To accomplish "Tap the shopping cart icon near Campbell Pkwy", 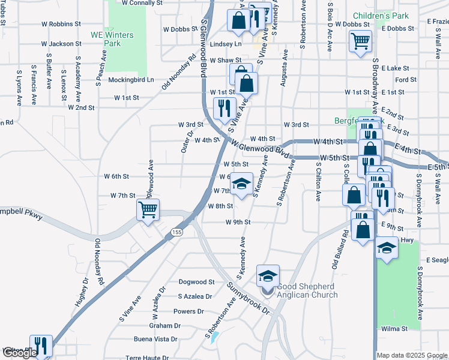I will pos(148,210).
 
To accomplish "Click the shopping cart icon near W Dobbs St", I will pos(360,41).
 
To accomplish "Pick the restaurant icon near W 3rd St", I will pos(222,108).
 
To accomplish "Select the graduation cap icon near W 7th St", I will pos(241,185).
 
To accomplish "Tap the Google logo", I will pos(19,353).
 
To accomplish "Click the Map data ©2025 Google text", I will pos(412,355).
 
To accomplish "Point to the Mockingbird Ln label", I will pos(131,79).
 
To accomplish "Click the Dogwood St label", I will pos(196,281).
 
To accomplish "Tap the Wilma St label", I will pos(394,329).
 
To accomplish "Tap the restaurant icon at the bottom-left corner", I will pos(41,345).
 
